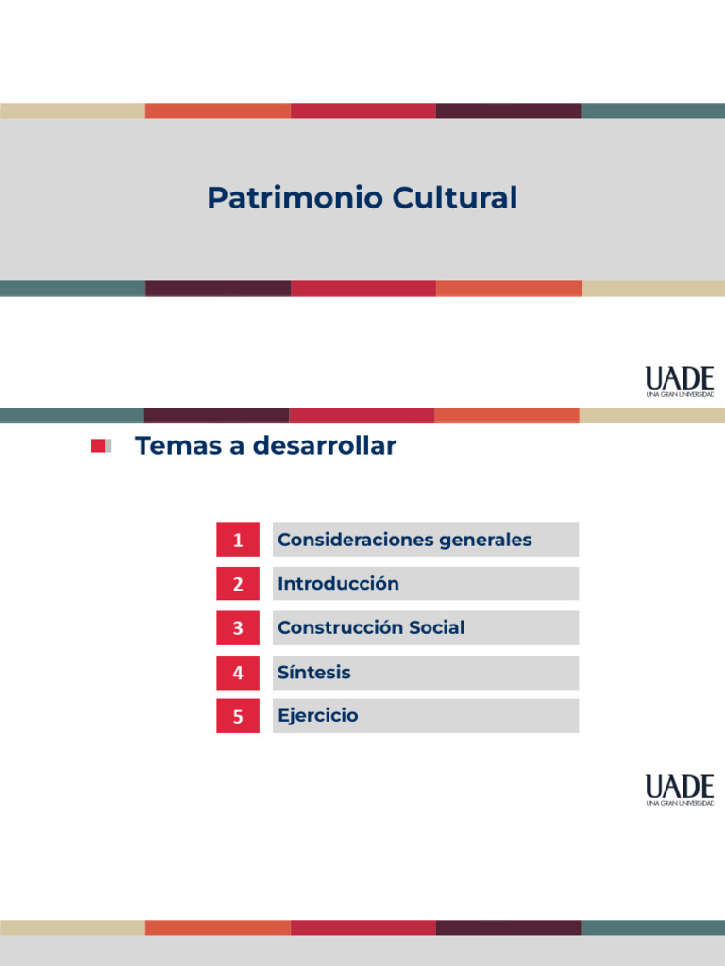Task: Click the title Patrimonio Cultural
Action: (x=362, y=198)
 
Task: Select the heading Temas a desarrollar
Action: (x=265, y=446)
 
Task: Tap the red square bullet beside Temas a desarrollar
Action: (x=98, y=446)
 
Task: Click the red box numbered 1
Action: (x=238, y=540)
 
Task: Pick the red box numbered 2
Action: (x=238, y=584)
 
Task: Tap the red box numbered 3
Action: (x=238, y=628)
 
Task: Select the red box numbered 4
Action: (x=238, y=673)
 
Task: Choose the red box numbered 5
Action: (x=238, y=716)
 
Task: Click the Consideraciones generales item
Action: (x=405, y=540)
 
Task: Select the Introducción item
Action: (x=338, y=584)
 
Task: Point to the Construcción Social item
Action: (x=371, y=627)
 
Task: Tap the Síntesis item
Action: (x=314, y=673)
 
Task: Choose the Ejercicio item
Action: (x=318, y=716)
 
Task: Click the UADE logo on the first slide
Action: (x=680, y=381)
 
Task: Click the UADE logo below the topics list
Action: (x=680, y=790)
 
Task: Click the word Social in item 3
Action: (x=436, y=627)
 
